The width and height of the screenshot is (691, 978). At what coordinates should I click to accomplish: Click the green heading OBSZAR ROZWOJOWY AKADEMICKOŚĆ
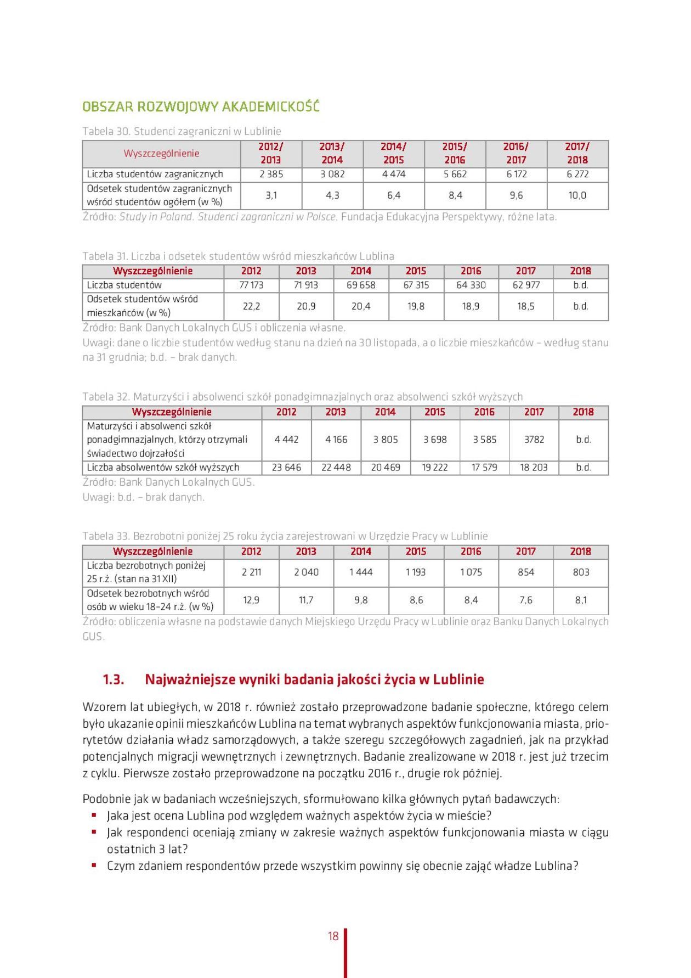tap(200, 106)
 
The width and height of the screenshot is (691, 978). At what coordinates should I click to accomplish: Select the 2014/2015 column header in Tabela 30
tap(393, 153)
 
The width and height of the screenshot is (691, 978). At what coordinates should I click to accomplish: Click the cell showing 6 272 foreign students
tap(577, 174)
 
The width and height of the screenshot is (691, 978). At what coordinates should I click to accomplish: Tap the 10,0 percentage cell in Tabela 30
tap(577, 195)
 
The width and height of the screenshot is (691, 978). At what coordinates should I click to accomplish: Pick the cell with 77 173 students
tap(251, 285)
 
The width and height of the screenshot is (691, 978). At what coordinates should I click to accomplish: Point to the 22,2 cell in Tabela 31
tap(251, 306)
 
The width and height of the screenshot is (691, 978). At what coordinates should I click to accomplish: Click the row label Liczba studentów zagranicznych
tap(155, 174)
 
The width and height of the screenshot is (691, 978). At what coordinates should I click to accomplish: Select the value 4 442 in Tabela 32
tap(286, 440)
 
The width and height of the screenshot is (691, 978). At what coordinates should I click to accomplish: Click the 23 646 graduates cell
tap(286, 468)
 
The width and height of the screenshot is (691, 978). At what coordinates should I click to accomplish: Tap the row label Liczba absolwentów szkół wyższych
tap(163, 468)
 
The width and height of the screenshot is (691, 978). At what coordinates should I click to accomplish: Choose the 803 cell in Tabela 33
tap(581, 572)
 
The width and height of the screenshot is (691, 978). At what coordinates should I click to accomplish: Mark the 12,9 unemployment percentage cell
tap(251, 600)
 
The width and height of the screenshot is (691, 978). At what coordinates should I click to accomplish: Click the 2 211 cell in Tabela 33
tap(251, 572)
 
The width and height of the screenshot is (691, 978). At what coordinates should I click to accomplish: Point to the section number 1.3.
tap(113, 679)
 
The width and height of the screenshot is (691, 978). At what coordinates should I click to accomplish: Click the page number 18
tap(333, 936)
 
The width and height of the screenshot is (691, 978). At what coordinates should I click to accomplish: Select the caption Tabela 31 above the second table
tap(238, 256)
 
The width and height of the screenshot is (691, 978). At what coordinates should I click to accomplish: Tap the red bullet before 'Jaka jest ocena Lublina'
tap(94, 815)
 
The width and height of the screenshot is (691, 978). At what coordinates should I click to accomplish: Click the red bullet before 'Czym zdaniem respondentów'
tap(94, 865)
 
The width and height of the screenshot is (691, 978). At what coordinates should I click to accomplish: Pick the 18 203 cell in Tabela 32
tap(534, 468)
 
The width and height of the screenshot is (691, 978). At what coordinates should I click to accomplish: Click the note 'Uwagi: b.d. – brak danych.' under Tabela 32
tap(143, 497)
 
